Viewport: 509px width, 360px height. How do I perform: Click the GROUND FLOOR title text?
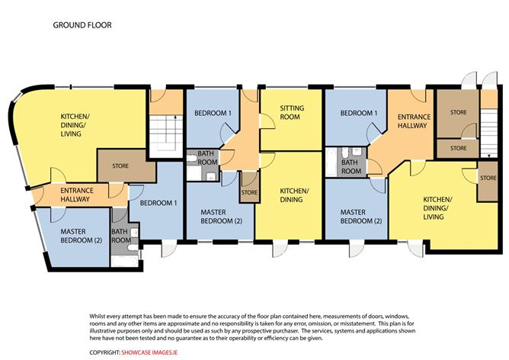[82, 25]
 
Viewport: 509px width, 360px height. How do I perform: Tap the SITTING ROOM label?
[292, 112]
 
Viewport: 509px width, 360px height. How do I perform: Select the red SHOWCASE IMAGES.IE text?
[149, 352]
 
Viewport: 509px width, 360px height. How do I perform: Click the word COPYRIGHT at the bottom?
[104, 352]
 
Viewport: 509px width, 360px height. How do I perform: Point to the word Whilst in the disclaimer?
[97, 316]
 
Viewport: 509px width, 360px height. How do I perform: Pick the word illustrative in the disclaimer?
[103, 331]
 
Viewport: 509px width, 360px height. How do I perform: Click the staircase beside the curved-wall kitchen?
[165, 137]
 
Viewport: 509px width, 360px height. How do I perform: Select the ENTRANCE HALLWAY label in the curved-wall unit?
[77, 194]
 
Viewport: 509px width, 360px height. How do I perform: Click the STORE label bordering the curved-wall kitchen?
[120, 166]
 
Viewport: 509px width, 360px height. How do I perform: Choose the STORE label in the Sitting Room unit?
[249, 192]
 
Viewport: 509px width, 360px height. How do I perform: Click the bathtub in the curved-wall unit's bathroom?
[125, 261]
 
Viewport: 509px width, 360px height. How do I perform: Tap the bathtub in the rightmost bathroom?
[332, 162]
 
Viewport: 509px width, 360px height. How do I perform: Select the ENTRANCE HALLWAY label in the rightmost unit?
[414, 121]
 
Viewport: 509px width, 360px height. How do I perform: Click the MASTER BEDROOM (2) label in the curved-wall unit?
[82, 236]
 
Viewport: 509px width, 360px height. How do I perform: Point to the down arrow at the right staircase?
[488, 155]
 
